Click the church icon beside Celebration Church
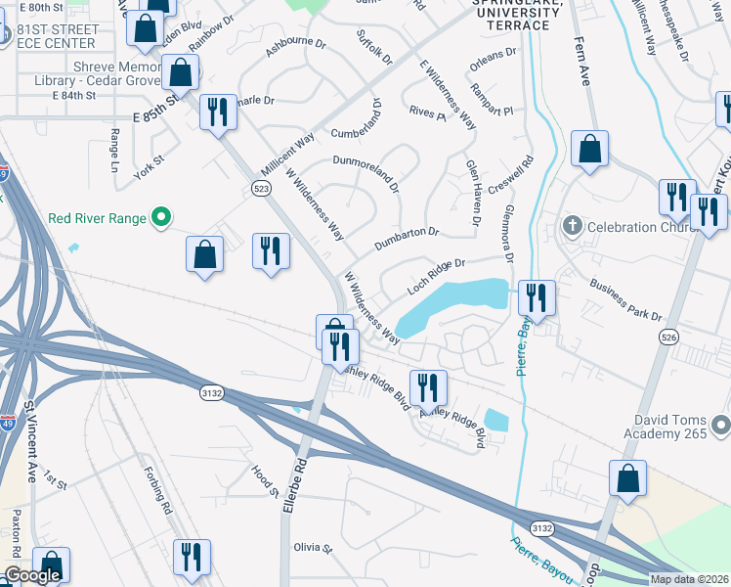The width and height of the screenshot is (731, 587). coord(573,227)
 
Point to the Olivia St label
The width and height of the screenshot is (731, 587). coord(314,548)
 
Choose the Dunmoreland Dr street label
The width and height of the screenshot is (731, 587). coord(366,167)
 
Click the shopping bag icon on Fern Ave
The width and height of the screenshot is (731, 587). coord(590,149)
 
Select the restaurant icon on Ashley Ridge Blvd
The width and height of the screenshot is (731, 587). coord(427,387)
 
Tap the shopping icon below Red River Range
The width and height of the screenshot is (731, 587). coord(205,254)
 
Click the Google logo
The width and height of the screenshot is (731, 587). coord(31,576)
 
